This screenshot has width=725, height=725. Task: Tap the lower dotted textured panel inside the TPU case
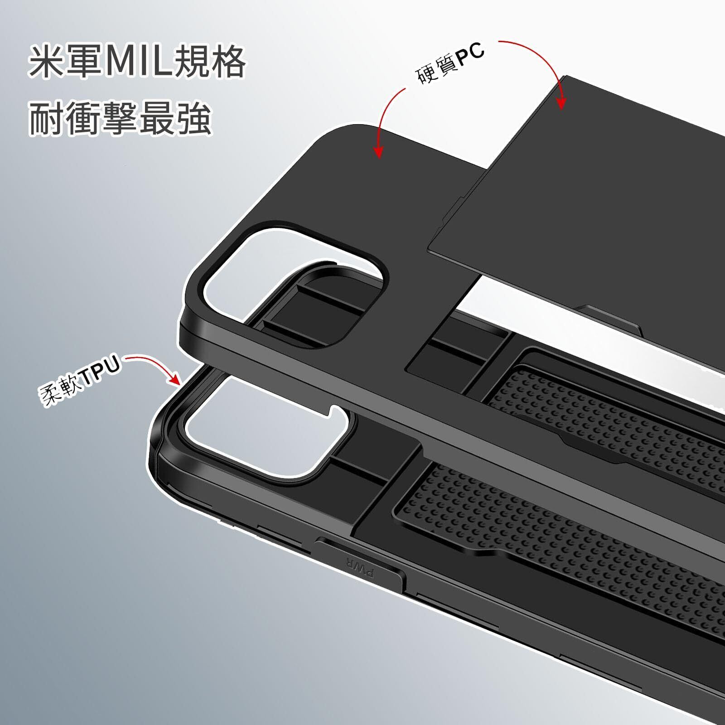click(x=566, y=544)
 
